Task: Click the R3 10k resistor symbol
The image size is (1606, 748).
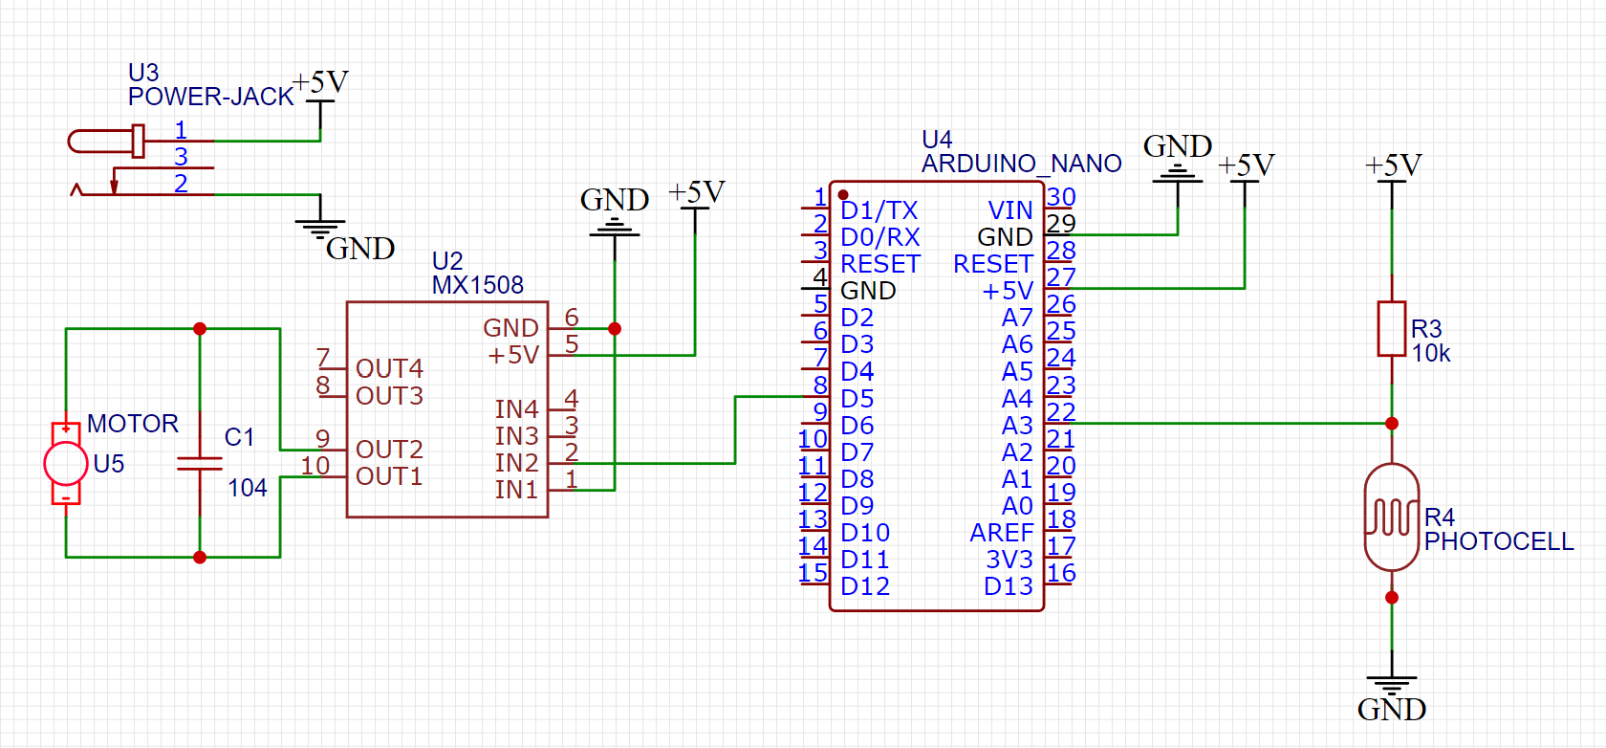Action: coord(1391,329)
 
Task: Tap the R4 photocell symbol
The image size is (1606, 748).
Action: coord(1391,517)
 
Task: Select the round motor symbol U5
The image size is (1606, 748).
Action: coord(66,464)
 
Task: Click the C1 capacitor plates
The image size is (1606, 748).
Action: coord(200,464)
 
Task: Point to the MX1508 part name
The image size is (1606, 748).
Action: coord(477,285)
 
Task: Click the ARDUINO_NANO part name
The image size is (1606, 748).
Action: coord(1021,164)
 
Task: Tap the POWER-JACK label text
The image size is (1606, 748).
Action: coord(210,97)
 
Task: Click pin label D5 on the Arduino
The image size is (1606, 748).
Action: coord(857,398)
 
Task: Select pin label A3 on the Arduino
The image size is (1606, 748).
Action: coord(1016,425)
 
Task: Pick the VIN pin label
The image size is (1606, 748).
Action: coord(1009,210)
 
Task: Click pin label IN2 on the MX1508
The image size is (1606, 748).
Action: coord(516,463)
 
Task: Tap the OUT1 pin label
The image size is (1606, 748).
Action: coord(388,476)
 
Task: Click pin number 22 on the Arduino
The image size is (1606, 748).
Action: coord(1060,412)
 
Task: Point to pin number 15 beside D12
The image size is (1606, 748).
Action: coord(813,573)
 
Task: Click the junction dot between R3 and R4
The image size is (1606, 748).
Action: coord(1392,423)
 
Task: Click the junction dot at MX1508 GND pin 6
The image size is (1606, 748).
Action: coord(615,328)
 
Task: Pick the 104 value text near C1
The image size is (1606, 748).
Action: coord(247,488)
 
